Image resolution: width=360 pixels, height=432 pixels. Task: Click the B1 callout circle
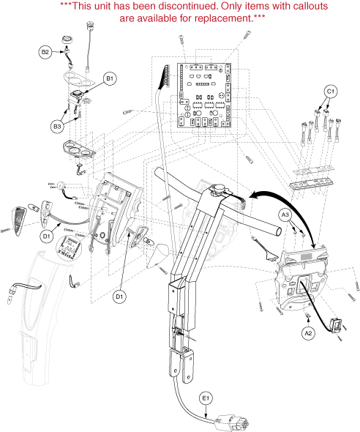pyautogui.click(x=110, y=78)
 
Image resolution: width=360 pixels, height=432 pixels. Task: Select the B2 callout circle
pyautogui.click(x=45, y=52)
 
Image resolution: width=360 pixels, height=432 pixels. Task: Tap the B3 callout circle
pyautogui.click(x=57, y=127)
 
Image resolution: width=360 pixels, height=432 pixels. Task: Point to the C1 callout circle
pyautogui.click(x=330, y=92)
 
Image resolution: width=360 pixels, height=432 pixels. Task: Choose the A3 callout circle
pyautogui.click(x=286, y=215)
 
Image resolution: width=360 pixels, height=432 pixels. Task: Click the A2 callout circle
pyautogui.click(x=308, y=333)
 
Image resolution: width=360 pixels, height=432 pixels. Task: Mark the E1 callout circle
pyautogui.click(x=206, y=398)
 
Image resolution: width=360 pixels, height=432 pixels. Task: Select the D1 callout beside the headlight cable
pyautogui.click(x=47, y=236)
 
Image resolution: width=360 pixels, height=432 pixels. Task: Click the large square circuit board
pyautogui.click(x=204, y=95)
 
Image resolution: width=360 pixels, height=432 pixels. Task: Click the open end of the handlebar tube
pyautogui.click(x=278, y=231)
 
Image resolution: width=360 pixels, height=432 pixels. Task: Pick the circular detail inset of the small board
pyautogui.click(x=69, y=247)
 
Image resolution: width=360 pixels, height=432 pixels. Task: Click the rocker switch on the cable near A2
pyautogui.click(x=337, y=325)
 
